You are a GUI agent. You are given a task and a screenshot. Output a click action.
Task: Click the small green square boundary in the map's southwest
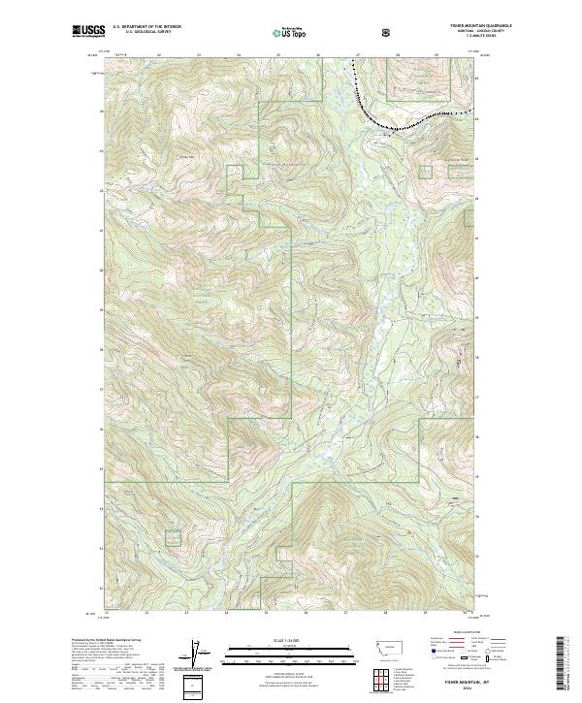pyautogui.click(x=172, y=536)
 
